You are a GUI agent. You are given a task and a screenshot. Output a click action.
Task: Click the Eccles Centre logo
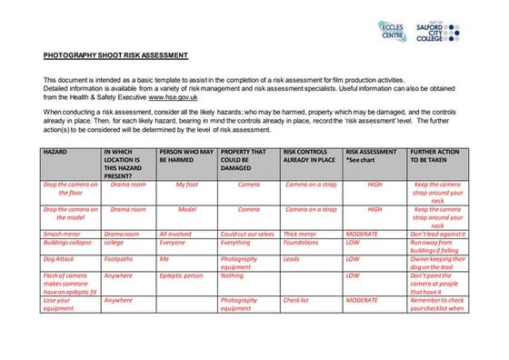392,32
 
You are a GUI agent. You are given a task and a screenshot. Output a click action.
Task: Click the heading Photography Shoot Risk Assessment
115,55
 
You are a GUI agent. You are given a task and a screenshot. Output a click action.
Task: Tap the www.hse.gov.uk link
175,95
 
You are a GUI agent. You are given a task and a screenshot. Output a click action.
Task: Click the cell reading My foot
186,185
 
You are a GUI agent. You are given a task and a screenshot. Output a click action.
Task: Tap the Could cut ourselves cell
248,235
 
